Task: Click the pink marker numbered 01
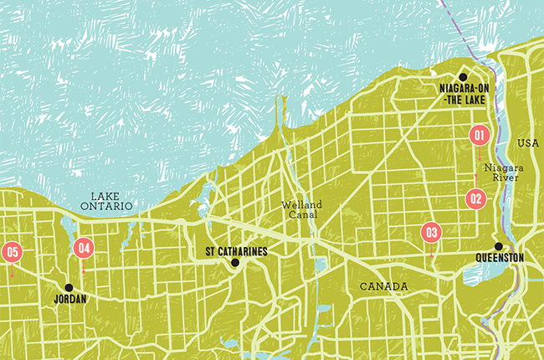(479, 134)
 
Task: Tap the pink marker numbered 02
(475, 199)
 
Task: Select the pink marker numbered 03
(432, 233)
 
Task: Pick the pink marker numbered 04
(83, 248)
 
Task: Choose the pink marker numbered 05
(12, 251)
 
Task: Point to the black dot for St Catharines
(235, 263)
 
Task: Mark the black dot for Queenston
(498, 246)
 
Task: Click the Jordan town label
(69, 297)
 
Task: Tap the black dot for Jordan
(69, 286)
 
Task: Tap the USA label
(529, 143)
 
